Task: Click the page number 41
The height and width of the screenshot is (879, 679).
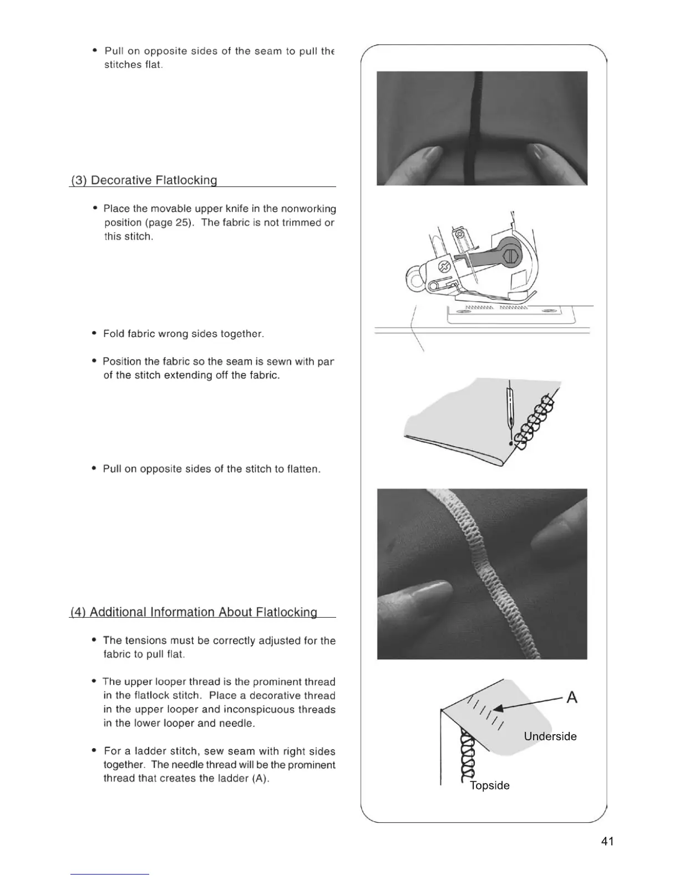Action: [607, 841]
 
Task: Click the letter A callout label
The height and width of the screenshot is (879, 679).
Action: [571, 698]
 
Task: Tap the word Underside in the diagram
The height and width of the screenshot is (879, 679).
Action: [550, 736]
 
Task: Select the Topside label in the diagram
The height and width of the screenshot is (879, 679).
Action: [489, 785]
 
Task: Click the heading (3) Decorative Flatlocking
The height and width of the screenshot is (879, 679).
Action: [144, 180]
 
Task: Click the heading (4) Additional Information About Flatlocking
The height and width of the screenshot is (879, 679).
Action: [194, 612]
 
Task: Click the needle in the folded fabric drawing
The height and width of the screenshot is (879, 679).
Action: [509, 408]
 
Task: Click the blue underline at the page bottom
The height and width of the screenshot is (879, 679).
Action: [109, 874]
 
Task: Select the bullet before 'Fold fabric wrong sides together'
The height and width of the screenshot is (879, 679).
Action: [94, 334]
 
